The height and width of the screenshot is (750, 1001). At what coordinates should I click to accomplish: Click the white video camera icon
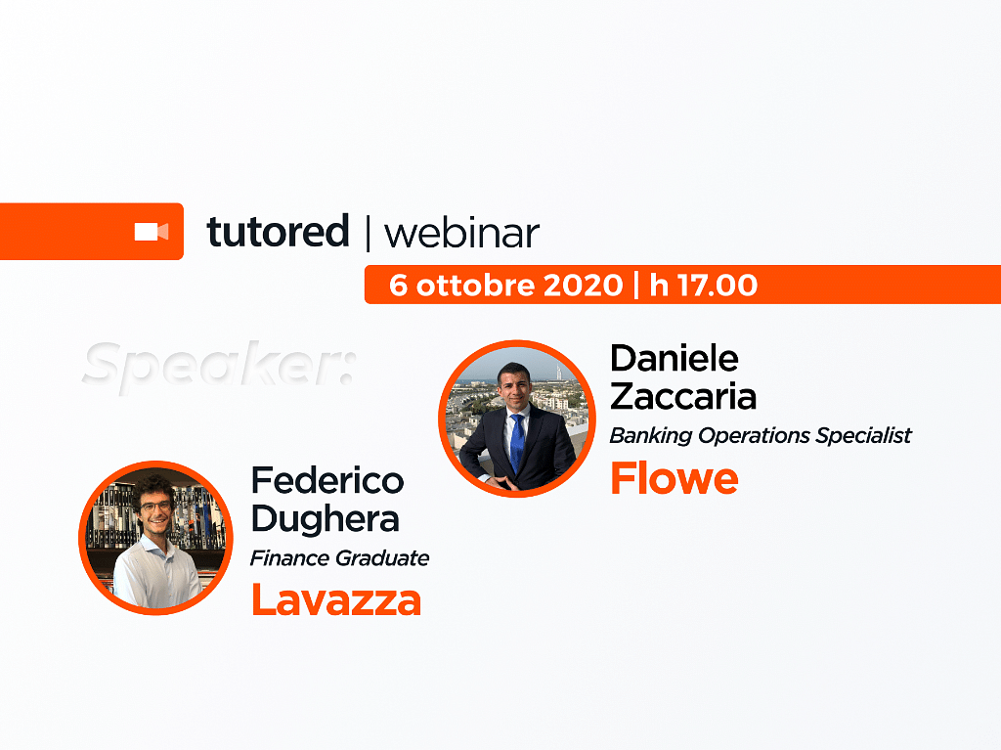click(152, 232)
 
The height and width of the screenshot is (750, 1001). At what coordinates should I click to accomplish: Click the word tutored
click(278, 232)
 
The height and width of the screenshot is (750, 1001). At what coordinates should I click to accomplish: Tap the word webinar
click(461, 233)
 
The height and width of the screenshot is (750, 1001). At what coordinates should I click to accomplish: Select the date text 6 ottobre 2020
click(505, 285)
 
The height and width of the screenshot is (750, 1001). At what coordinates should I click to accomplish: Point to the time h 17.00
click(704, 285)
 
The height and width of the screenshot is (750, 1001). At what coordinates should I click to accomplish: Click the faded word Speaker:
click(218, 366)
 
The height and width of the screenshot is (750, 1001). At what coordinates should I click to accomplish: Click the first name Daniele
click(675, 359)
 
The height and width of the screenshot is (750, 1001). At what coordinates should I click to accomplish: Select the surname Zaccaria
click(683, 397)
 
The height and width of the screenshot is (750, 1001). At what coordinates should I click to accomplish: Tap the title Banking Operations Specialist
click(761, 436)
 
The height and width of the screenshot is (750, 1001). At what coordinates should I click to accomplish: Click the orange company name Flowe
click(675, 478)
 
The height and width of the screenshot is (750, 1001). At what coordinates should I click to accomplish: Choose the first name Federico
click(327, 480)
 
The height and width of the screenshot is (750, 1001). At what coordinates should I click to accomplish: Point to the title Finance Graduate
click(339, 558)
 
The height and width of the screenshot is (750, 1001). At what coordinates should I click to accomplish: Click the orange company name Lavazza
click(336, 599)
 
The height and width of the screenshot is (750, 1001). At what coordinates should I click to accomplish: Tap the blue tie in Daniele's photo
click(517, 443)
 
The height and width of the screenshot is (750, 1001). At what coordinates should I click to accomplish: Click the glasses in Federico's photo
click(156, 507)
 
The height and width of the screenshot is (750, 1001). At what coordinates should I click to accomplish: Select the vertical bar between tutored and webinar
click(368, 233)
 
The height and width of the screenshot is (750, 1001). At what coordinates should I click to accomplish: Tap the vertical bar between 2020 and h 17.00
click(635, 285)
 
